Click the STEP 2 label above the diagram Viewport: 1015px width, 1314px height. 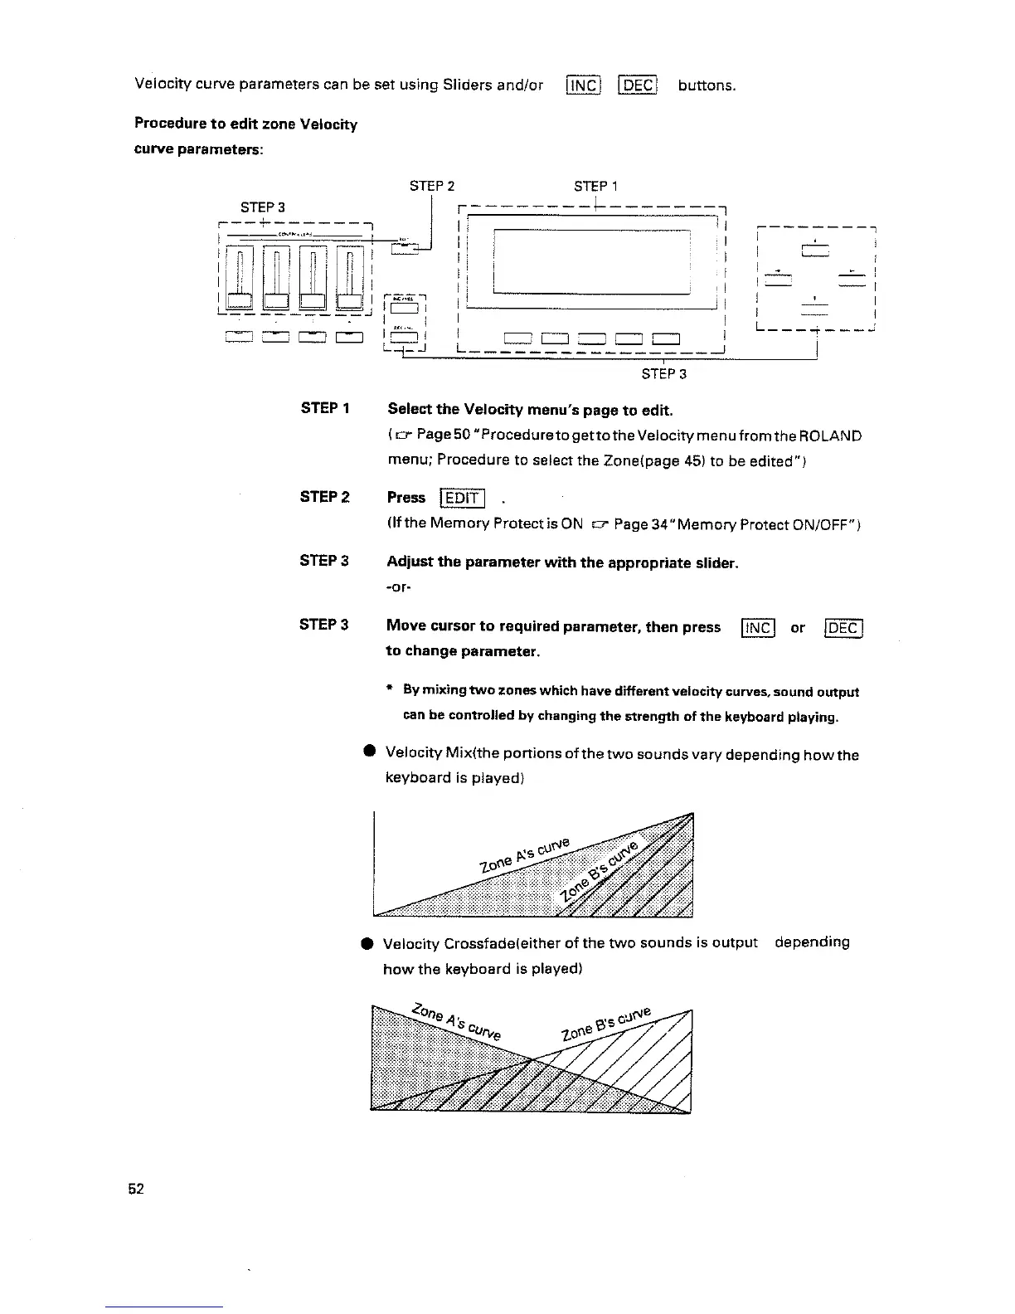432,186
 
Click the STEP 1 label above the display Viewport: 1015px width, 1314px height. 595,186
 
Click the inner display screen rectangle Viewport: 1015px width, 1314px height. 592,261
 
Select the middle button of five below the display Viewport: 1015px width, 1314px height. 592,338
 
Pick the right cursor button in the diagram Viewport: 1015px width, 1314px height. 852,279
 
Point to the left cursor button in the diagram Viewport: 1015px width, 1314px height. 779,279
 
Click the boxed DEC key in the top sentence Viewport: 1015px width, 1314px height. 639,85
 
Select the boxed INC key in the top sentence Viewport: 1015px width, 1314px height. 582,85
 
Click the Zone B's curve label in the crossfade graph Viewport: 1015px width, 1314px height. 606,1024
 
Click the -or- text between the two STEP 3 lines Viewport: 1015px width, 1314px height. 400,587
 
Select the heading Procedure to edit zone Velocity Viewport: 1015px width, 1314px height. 246,124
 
